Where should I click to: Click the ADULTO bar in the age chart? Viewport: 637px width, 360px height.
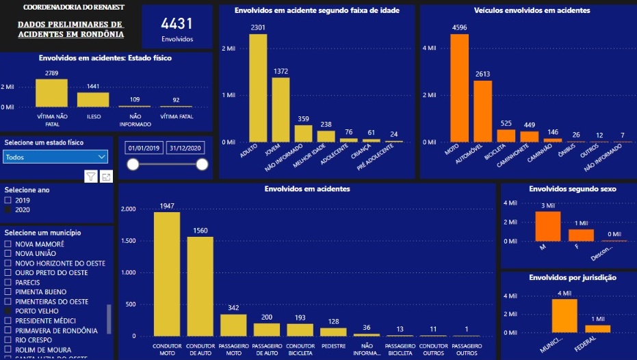(258, 88)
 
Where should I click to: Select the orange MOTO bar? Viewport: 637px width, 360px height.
(460, 88)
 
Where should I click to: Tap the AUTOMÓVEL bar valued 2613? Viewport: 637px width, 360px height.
(483, 111)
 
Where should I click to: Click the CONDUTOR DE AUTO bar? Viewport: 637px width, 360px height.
(200, 286)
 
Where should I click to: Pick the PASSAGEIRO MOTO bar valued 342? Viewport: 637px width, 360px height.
(234, 325)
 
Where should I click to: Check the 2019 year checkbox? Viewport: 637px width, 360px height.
(8, 200)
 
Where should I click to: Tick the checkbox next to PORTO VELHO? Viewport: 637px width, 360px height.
(8, 311)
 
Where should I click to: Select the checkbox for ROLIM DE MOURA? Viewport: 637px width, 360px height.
(8, 349)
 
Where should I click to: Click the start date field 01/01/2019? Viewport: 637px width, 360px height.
(143, 149)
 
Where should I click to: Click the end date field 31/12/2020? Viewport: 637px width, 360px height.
(187, 149)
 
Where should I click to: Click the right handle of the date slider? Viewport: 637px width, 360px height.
(202, 164)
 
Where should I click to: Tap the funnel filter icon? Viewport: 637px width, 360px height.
(91, 177)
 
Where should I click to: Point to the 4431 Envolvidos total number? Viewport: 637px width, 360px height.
(177, 24)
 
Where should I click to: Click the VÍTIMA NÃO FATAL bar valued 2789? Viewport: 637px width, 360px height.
(52, 93)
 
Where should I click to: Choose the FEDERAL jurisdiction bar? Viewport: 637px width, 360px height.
(597, 329)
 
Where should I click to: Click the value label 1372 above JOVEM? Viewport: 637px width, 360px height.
(281, 71)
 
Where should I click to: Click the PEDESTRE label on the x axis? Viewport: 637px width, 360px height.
(333, 346)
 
